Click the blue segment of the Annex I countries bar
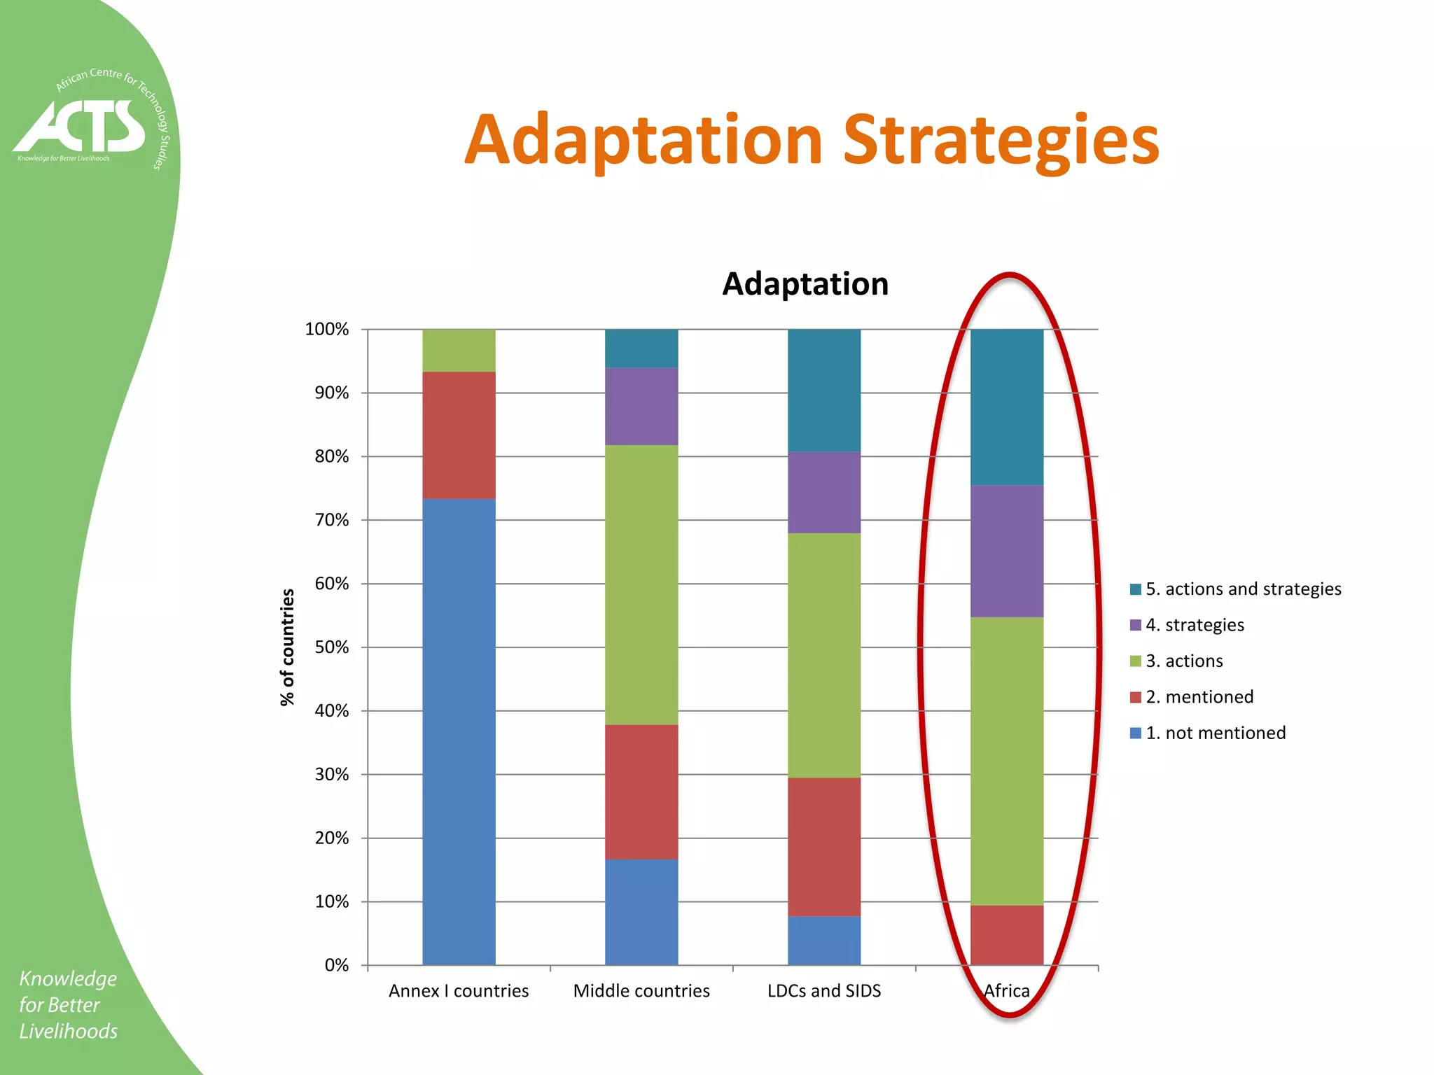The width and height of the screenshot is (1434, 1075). click(x=459, y=731)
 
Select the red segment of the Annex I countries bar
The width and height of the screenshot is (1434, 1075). click(x=459, y=435)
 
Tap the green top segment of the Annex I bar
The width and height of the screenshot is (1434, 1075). click(x=459, y=350)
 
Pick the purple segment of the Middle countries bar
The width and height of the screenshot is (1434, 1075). click(x=641, y=406)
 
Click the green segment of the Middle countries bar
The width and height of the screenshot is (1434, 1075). click(x=641, y=584)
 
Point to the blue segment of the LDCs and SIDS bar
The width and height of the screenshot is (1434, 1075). click(x=824, y=940)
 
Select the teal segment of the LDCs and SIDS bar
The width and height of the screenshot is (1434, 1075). click(x=824, y=390)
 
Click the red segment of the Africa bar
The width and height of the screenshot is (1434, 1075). click(x=1007, y=935)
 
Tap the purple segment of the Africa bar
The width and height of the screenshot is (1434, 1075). click(x=1007, y=551)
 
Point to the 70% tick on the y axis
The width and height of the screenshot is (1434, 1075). click(x=332, y=520)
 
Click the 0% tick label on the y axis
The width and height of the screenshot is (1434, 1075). click(x=336, y=965)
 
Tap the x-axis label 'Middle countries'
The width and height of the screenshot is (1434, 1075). click(x=641, y=990)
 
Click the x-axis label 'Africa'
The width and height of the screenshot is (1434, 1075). click(x=1007, y=990)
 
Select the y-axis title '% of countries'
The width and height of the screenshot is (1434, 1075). click(x=287, y=647)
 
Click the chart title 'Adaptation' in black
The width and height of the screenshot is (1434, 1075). click(x=805, y=284)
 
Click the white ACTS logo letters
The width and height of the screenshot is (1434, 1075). click(x=81, y=126)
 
